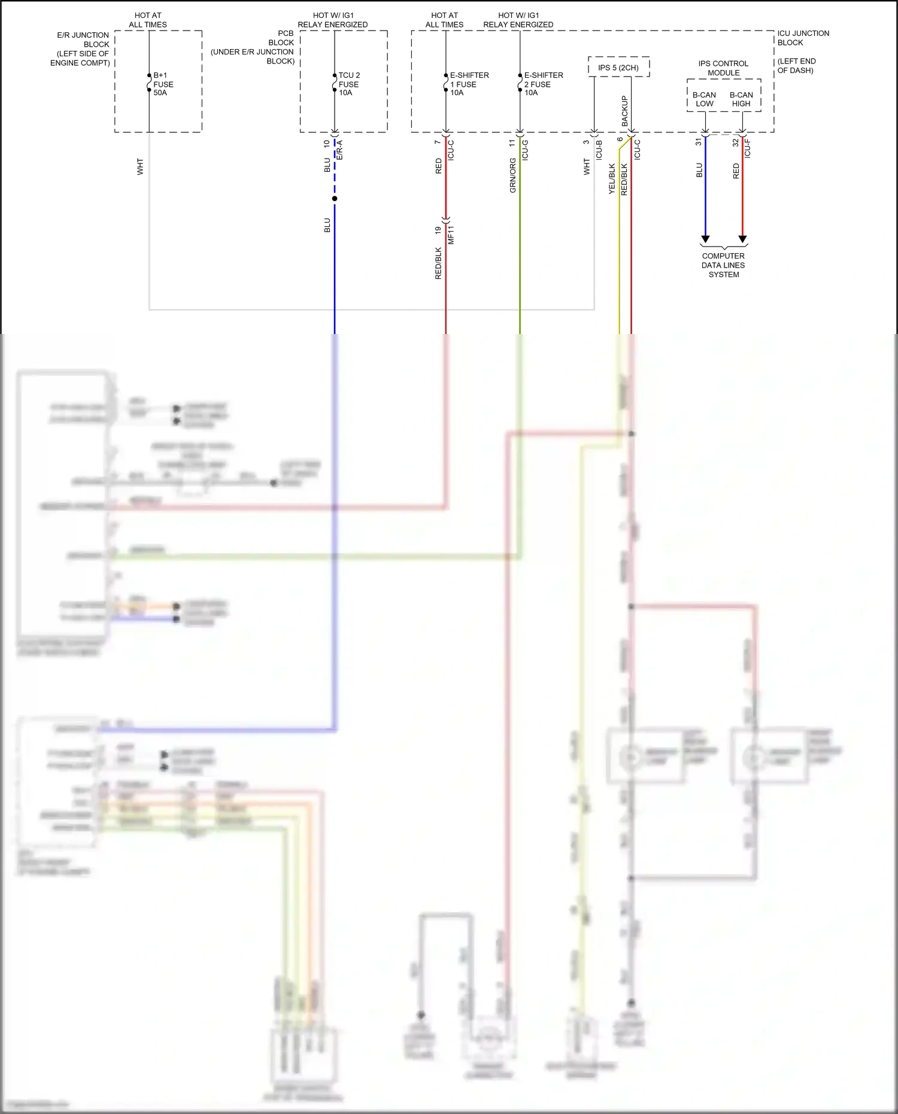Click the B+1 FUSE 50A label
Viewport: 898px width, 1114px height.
point(163,84)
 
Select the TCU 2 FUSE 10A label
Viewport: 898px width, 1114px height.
point(349,84)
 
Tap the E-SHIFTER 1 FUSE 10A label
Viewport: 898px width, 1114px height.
point(469,84)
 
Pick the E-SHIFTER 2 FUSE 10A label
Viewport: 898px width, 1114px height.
point(543,84)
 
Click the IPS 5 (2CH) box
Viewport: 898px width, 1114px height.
point(618,68)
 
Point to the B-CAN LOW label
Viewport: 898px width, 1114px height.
point(704,99)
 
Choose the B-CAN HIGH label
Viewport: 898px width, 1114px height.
point(741,99)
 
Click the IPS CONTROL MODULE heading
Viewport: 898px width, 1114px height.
point(723,68)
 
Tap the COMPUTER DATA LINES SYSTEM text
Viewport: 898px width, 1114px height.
point(723,265)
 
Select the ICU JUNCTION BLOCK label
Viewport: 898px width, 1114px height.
point(803,38)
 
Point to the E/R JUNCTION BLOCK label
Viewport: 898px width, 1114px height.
point(83,40)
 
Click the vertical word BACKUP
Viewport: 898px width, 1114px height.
point(624,111)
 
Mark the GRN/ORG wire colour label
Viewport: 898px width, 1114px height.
point(513,175)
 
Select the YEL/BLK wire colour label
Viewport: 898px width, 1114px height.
point(612,178)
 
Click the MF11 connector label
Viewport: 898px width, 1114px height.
point(451,235)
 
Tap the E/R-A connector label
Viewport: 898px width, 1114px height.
point(339,150)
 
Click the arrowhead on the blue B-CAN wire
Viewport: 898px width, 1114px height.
point(705,239)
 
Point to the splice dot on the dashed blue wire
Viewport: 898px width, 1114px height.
point(335,199)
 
